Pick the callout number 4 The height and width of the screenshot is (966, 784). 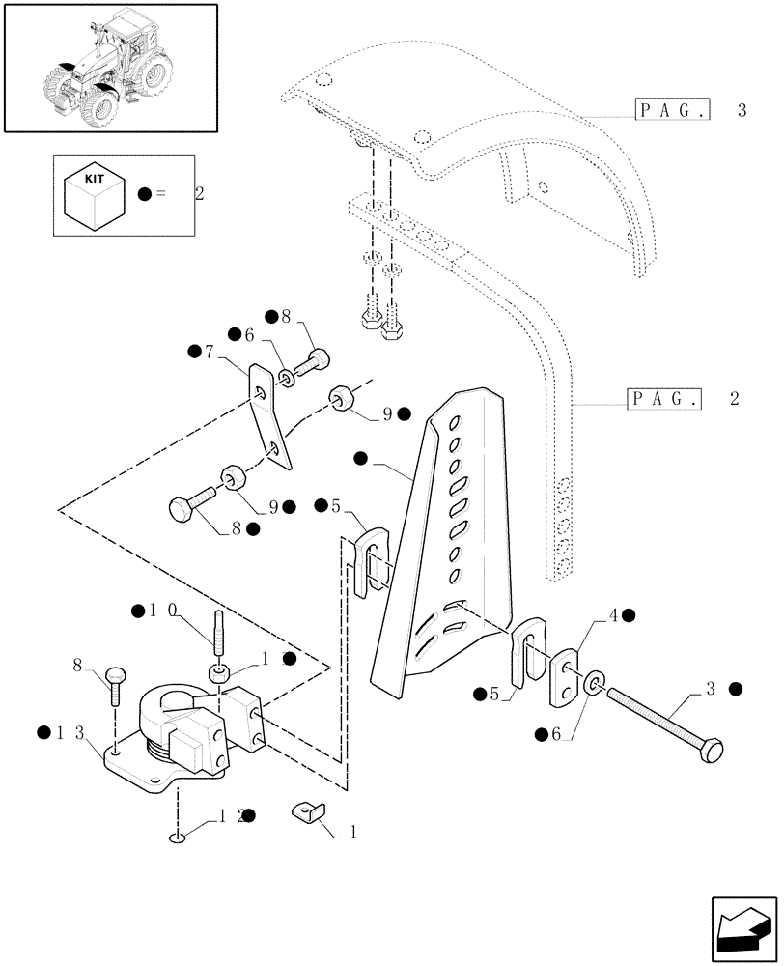tap(614, 615)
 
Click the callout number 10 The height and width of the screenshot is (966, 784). tap(163, 611)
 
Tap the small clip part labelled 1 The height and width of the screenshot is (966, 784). tap(308, 816)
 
